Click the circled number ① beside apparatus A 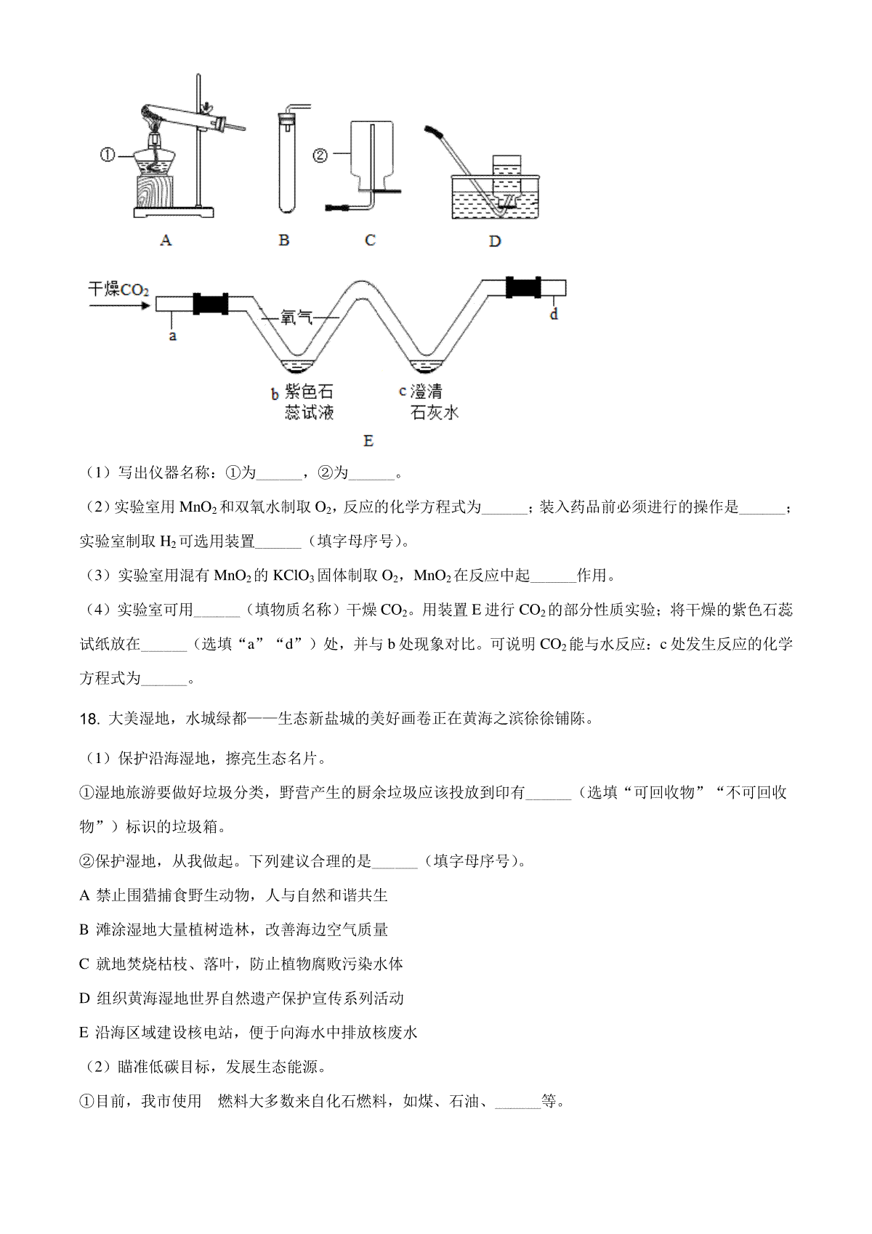(107, 156)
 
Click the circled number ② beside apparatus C (320, 156)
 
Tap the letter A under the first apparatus (165, 241)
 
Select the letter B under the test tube (283, 241)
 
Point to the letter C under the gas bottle (370, 241)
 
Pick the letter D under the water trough (495, 241)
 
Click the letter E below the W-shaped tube (368, 440)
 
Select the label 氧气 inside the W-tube (296, 317)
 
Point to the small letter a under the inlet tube (172, 336)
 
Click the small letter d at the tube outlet (554, 314)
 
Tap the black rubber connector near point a (211, 304)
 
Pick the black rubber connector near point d (523, 287)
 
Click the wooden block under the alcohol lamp (154, 191)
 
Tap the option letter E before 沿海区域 (84, 1033)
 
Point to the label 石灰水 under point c (434, 413)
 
